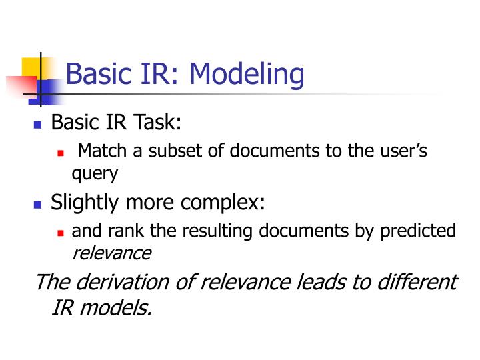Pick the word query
[x=95, y=174]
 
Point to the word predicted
[x=418, y=231]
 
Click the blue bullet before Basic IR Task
[x=37, y=125]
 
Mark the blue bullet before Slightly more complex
[x=37, y=204]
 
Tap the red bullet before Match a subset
[x=61, y=153]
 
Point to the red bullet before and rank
[x=61, y=233]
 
